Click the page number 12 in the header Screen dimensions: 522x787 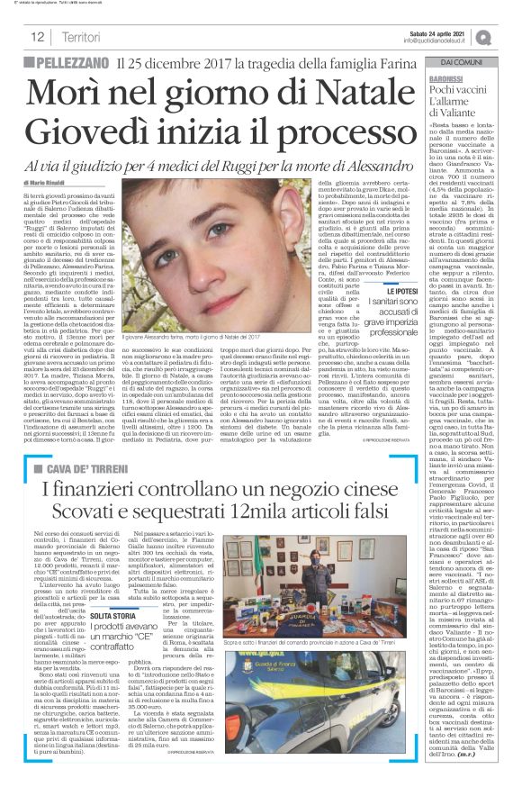39,37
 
